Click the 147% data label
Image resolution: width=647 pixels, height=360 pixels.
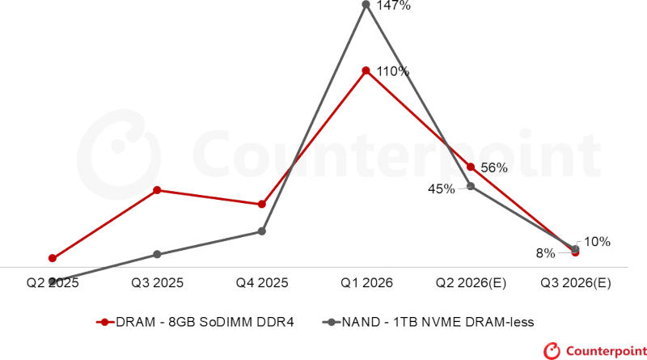click(x=394, y=6)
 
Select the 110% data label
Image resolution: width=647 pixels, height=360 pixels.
click(x=394, y=71)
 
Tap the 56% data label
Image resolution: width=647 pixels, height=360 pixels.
click(x=494, y=168)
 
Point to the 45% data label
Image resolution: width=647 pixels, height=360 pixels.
click(x=441, y=188)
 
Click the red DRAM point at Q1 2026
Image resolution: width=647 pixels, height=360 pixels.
click(x=366, y=70)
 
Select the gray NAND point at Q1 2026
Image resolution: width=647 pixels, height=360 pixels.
click(x=366, y=5)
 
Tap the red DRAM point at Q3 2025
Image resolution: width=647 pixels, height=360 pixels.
click(x=157, y=190)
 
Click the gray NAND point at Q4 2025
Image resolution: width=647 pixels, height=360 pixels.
click(x=261, y=231)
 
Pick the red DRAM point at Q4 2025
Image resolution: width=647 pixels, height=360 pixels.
click(x=261, y=205)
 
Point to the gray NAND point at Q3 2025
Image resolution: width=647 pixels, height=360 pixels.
click(x=157, y=254)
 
